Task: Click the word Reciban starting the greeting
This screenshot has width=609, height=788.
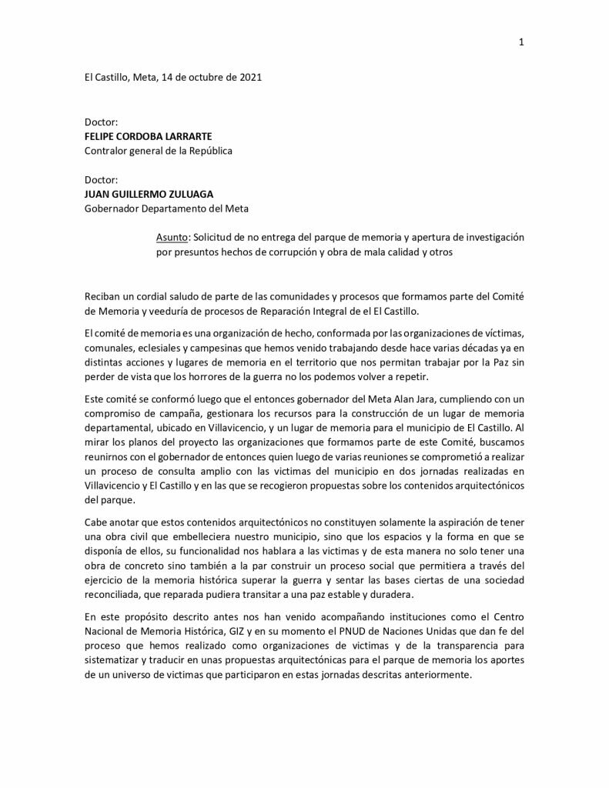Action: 104,295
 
